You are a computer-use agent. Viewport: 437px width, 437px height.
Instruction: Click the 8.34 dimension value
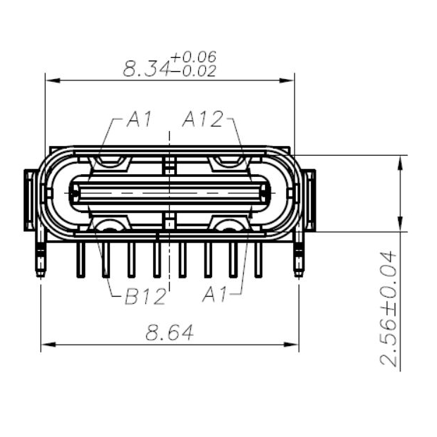click(x=146, y=68)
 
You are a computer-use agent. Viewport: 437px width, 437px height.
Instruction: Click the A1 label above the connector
click(x=139, y=121)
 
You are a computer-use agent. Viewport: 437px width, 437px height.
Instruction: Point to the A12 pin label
click(x=202, y=121)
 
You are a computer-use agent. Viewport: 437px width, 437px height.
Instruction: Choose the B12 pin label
click(x=144, y=297)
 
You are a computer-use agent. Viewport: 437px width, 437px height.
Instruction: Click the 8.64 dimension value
click(x=170, y=333)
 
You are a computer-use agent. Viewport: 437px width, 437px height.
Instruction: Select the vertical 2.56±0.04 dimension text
click(x=389, y=308)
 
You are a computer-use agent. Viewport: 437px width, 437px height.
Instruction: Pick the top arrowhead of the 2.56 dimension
click(x=400, y=161)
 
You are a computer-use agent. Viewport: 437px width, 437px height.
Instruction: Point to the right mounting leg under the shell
click(x=299, y=259)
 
